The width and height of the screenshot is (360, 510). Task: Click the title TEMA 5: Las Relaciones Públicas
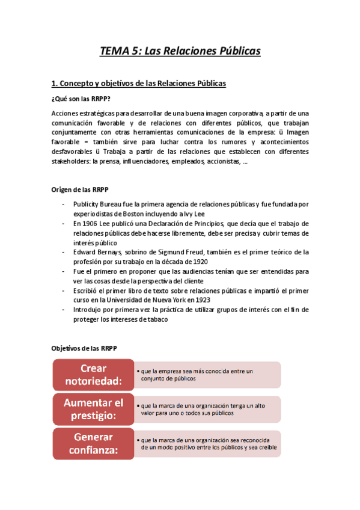point(180,51)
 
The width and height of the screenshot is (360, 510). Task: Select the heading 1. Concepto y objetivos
point(139,84)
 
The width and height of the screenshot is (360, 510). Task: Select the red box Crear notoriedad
point(93,374)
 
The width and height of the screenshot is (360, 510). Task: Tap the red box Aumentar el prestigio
point(93,408)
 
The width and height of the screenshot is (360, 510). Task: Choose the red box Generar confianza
point(93,443)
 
